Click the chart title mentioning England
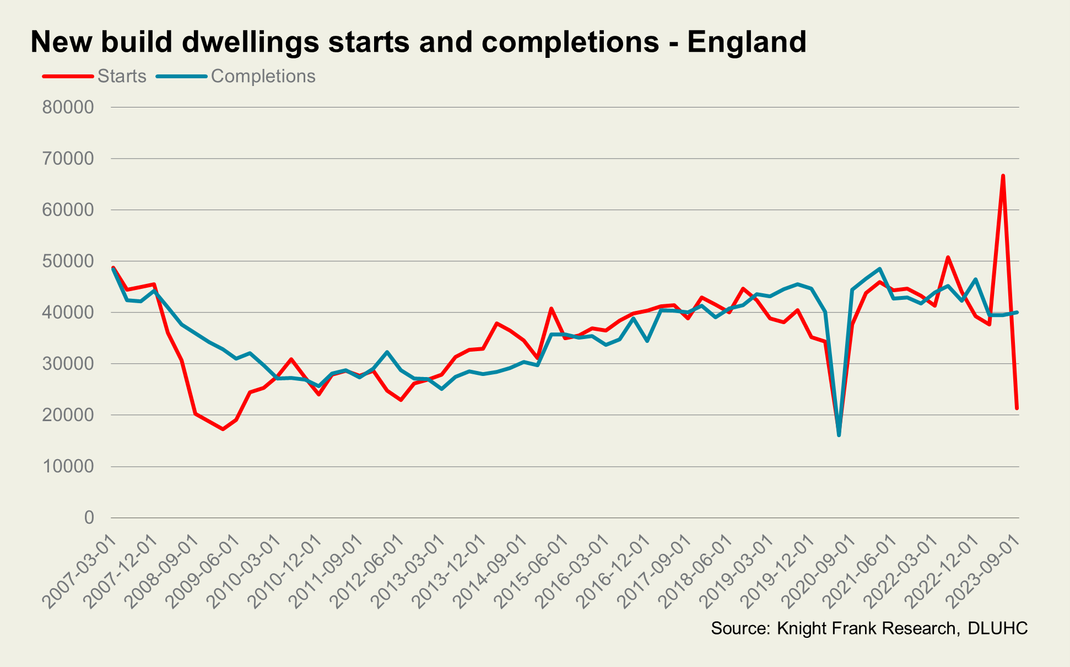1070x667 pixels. (418, 42)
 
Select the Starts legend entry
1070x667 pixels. (121, 76)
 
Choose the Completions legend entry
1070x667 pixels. (263, 76)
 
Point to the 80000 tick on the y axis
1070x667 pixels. (68, 107)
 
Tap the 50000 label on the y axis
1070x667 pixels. (68, 261)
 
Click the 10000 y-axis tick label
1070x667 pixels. (68, 466)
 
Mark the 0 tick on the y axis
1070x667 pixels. (89, 518)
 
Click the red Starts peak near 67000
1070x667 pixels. (1003, 176)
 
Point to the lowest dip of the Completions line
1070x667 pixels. (839, 435)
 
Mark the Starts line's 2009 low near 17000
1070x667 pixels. (223, 429)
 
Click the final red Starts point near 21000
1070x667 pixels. (1017, 408)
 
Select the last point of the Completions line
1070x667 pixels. (1017, 313)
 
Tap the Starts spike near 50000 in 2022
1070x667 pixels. (948, 257)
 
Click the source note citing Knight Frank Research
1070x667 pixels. (833, 628)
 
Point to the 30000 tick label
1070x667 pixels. (68, 364)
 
